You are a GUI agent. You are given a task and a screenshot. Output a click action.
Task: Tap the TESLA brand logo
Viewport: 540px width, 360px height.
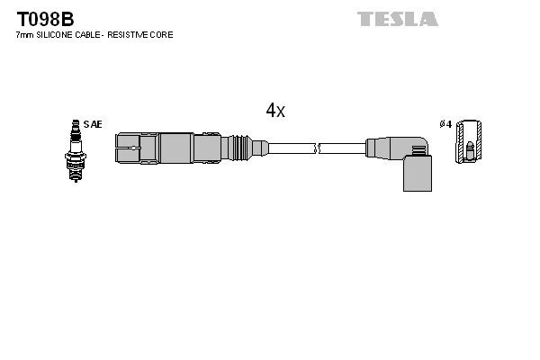click(397, 19)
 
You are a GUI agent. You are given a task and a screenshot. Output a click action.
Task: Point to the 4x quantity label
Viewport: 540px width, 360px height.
click(275, 111)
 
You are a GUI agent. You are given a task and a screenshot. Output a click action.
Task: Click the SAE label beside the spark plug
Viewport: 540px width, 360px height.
click(93, 124)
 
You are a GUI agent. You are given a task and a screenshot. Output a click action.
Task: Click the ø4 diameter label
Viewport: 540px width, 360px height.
click(445, 124)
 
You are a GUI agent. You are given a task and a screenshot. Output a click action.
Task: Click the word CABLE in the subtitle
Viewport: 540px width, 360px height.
click(90, 35)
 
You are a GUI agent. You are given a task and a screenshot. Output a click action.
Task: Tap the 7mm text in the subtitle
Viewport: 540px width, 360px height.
click(25, 35)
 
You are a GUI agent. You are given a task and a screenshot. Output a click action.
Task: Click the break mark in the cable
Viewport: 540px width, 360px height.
click(316, 148)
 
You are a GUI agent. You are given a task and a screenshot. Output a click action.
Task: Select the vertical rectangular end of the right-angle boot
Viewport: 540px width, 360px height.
click(416, 172)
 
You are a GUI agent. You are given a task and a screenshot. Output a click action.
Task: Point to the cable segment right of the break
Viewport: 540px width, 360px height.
click(342, 148)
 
